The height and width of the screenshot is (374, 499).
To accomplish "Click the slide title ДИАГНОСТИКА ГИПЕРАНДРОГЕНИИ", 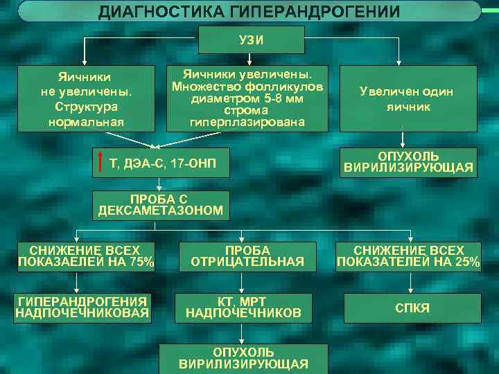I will point(249,12).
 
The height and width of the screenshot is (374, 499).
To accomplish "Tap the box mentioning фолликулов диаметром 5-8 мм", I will point(247,98).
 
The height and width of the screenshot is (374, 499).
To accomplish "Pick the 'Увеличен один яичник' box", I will point(408,98).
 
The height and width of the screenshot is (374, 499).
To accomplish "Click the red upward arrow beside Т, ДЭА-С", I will point(102,162).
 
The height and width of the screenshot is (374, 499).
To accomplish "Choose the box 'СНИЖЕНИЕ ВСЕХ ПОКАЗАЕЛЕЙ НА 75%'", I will point(85,256).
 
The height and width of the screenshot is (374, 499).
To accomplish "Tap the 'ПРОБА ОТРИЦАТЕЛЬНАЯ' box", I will point(247,256).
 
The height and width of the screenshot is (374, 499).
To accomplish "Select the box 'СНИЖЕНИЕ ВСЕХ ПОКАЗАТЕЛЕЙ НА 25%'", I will point(408,256).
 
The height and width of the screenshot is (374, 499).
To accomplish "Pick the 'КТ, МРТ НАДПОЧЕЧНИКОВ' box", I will point(243,308).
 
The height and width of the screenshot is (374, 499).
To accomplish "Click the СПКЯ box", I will point(412,308).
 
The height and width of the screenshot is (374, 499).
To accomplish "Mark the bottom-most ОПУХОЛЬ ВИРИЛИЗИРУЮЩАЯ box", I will point(243,358).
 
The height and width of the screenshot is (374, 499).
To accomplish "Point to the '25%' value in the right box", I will point(467,262).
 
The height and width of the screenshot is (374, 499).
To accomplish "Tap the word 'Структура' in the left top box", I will point(83,108).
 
